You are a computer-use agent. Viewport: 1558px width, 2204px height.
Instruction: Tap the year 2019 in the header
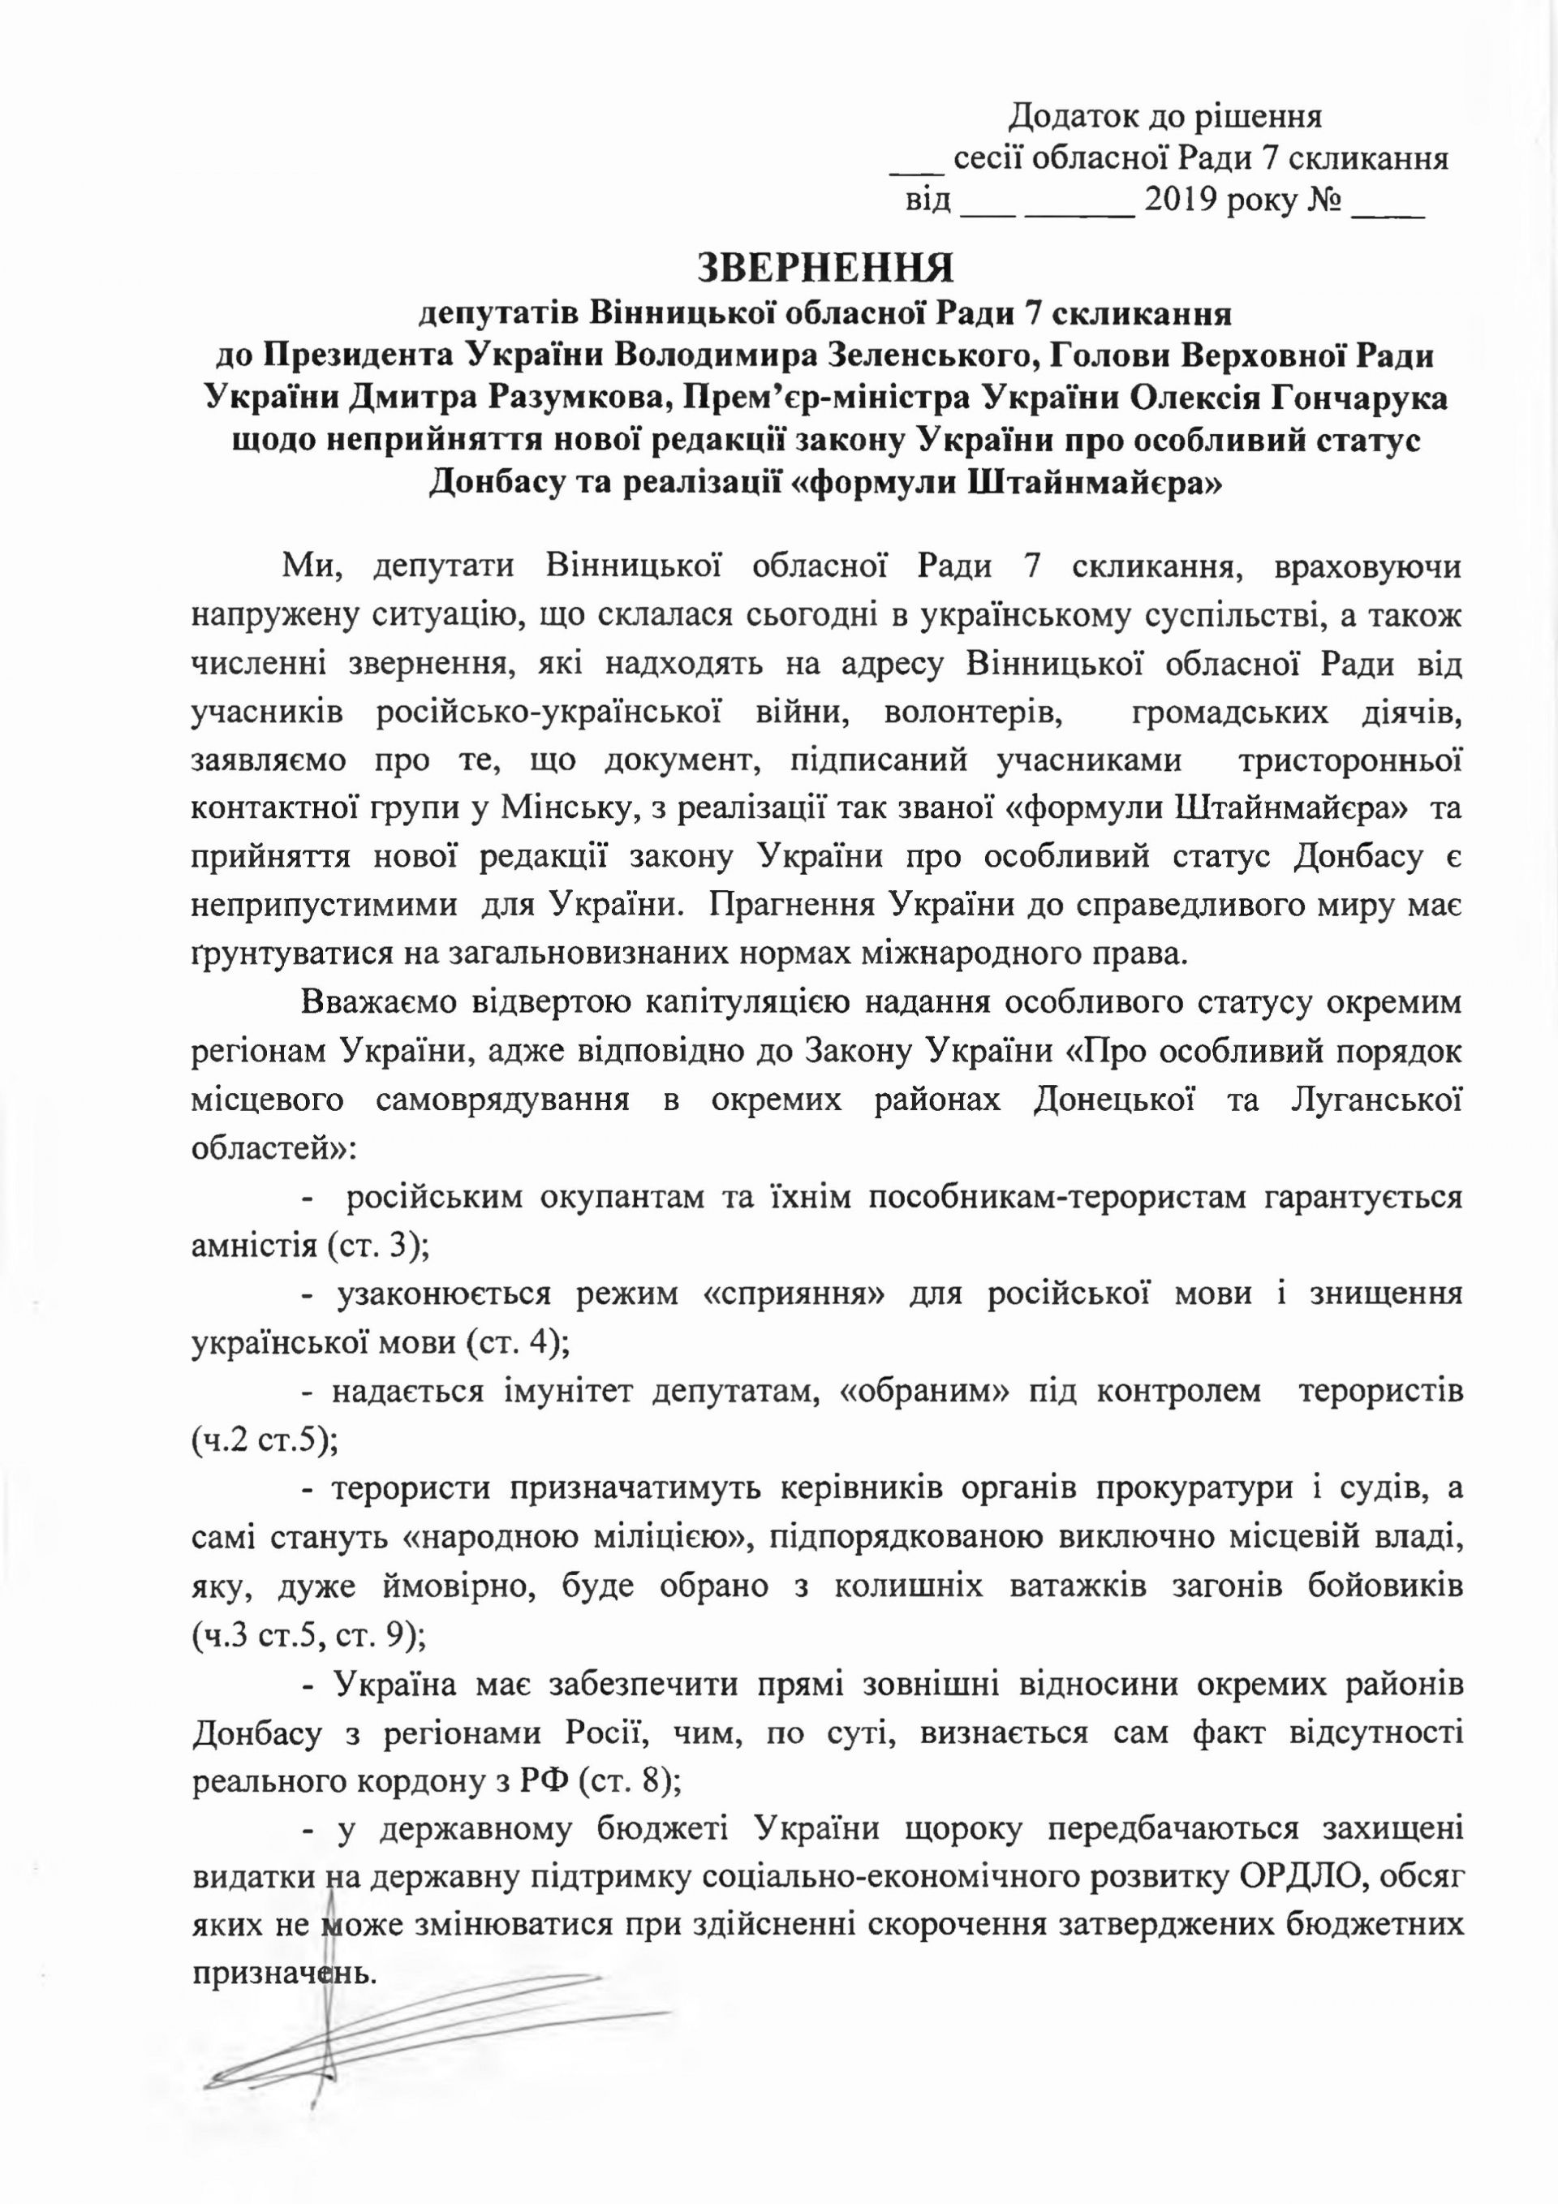[x=1182, y=203]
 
